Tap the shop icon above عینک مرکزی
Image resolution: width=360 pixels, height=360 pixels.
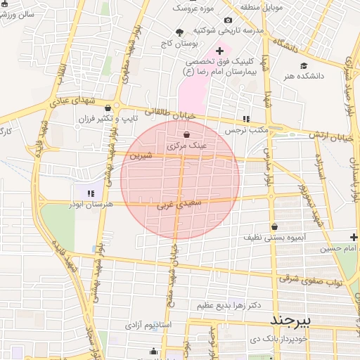[186, 134]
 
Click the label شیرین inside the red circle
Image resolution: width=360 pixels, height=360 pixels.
[140, 155]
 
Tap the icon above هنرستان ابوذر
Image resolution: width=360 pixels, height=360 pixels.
[90, 192]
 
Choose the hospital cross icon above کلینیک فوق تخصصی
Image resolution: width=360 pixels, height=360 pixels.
[219, 51]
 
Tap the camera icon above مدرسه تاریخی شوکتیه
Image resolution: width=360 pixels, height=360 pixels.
[229, 20]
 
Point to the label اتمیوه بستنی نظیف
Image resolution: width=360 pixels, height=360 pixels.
[275, 238]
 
